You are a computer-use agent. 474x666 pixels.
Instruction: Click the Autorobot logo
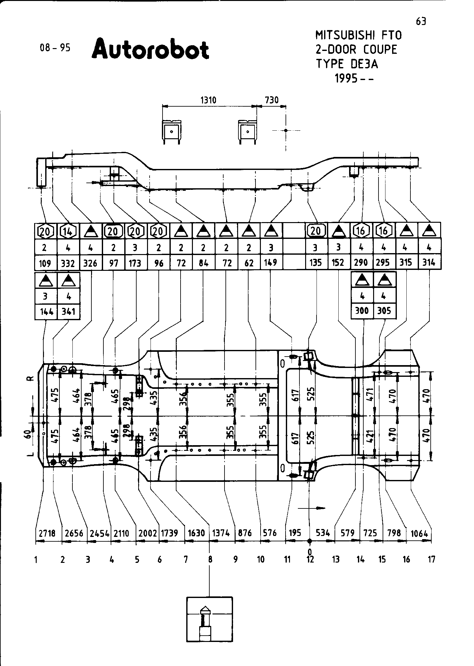tap(151, 49)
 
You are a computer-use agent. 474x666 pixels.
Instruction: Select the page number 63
tap(421, 22)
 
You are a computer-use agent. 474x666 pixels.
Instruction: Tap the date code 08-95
tap(55, 48)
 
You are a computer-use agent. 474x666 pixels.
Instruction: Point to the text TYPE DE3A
tap(347, 64)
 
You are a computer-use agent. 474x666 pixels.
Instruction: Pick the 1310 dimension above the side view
tap(208, 100)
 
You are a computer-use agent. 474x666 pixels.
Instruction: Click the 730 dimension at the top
tap(271, 100)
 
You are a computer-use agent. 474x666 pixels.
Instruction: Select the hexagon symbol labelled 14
tap(68, 231)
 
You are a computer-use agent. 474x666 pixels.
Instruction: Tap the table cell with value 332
tap(68, 263)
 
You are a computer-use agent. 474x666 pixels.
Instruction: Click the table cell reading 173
tap(135, 263)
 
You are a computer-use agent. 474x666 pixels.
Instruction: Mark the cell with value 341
tap(68, 312)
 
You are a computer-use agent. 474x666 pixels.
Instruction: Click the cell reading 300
tap(362, 311)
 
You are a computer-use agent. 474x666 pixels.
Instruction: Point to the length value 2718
tap(47, 533)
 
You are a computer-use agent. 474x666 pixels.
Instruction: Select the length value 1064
tap(419, 534)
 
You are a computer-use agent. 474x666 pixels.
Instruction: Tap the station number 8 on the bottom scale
tap(210, 559)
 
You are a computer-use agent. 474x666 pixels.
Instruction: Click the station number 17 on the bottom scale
tap(431, 559)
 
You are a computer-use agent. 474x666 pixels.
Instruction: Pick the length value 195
tap(295, 533)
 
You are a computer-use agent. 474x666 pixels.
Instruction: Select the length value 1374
tap(221, 533)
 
